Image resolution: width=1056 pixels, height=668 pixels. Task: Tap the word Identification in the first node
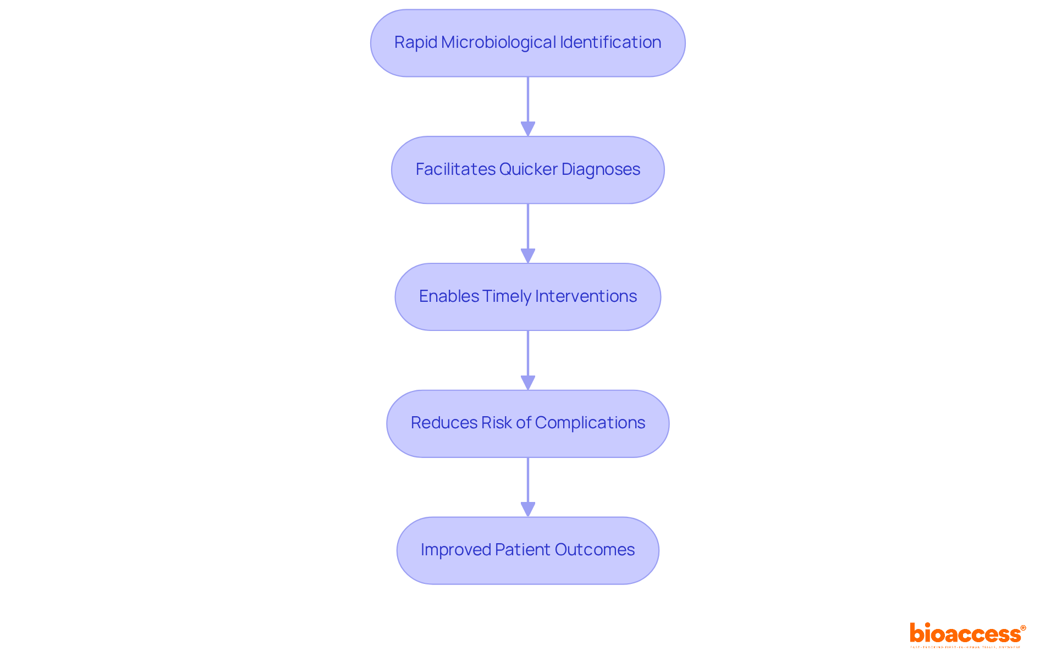coord(610,42)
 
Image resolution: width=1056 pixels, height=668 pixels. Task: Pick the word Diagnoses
coord(601,169)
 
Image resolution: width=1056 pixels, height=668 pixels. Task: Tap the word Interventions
coord(586,296)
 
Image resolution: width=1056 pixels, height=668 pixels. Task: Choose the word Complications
coord(590,423)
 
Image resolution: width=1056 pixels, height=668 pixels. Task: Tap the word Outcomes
coord(595,550)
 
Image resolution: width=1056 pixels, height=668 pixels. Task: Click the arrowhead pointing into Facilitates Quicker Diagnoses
coord(528,129)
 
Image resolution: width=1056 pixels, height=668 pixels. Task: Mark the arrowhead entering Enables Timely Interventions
coord(528,256)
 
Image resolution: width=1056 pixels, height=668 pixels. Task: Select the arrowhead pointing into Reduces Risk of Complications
coord(528,383)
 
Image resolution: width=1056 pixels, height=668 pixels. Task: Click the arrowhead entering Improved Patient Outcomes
coord(528,510)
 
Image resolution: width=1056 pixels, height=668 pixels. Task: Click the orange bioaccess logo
coord(966,634)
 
